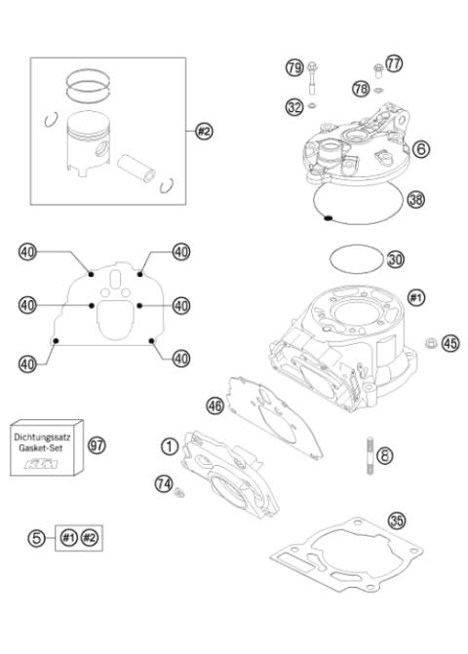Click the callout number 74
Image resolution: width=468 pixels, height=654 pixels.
163,481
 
